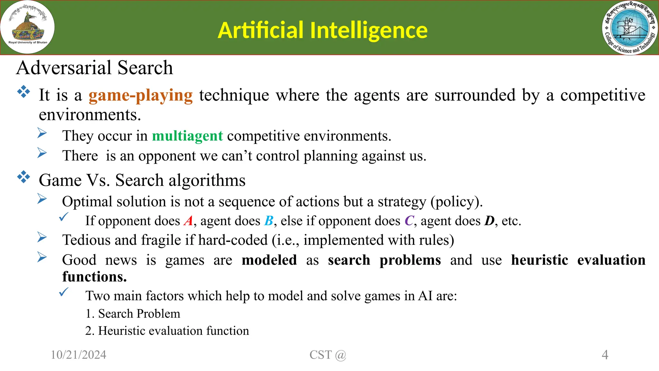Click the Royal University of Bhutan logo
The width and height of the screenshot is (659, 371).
28,28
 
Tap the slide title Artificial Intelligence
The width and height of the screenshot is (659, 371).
322,30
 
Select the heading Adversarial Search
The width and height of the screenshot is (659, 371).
95,68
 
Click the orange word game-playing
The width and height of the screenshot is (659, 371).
141,96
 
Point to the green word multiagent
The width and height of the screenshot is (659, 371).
187,136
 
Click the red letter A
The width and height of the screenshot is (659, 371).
188,221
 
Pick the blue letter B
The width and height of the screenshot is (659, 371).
269,221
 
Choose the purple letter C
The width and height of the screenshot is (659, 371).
409,221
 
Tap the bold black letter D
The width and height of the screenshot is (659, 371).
489,221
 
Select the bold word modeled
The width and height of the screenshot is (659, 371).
269,260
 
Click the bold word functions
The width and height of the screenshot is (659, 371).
94,277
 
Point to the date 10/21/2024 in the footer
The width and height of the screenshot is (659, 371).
79,355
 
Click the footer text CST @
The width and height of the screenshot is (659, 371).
328,355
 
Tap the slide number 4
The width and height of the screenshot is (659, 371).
605,355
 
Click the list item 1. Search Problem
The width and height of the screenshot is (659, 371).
133,314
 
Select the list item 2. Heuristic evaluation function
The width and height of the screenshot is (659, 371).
167,331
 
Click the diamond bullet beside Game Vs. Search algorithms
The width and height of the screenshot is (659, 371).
23,177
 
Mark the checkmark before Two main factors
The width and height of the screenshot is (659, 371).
64,292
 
